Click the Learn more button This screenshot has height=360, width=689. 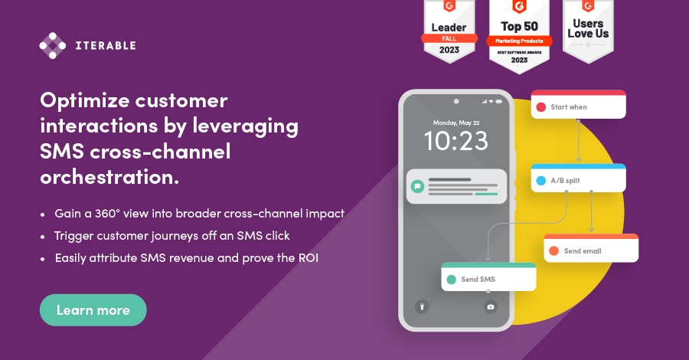93,310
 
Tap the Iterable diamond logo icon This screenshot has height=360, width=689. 53,45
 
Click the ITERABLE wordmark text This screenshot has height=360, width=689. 106,46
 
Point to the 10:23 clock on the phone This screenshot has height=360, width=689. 456,141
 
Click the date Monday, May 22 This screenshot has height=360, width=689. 456,123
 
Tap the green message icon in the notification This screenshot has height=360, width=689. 417,185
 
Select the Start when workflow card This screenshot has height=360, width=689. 578,105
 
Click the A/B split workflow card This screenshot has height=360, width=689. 578,178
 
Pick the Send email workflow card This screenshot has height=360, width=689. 591,248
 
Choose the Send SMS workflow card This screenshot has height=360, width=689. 488,277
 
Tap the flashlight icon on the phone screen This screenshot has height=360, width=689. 420,306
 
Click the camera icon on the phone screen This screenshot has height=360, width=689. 491,306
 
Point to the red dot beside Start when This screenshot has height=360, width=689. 541,107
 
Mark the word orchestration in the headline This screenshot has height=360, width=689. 109,178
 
